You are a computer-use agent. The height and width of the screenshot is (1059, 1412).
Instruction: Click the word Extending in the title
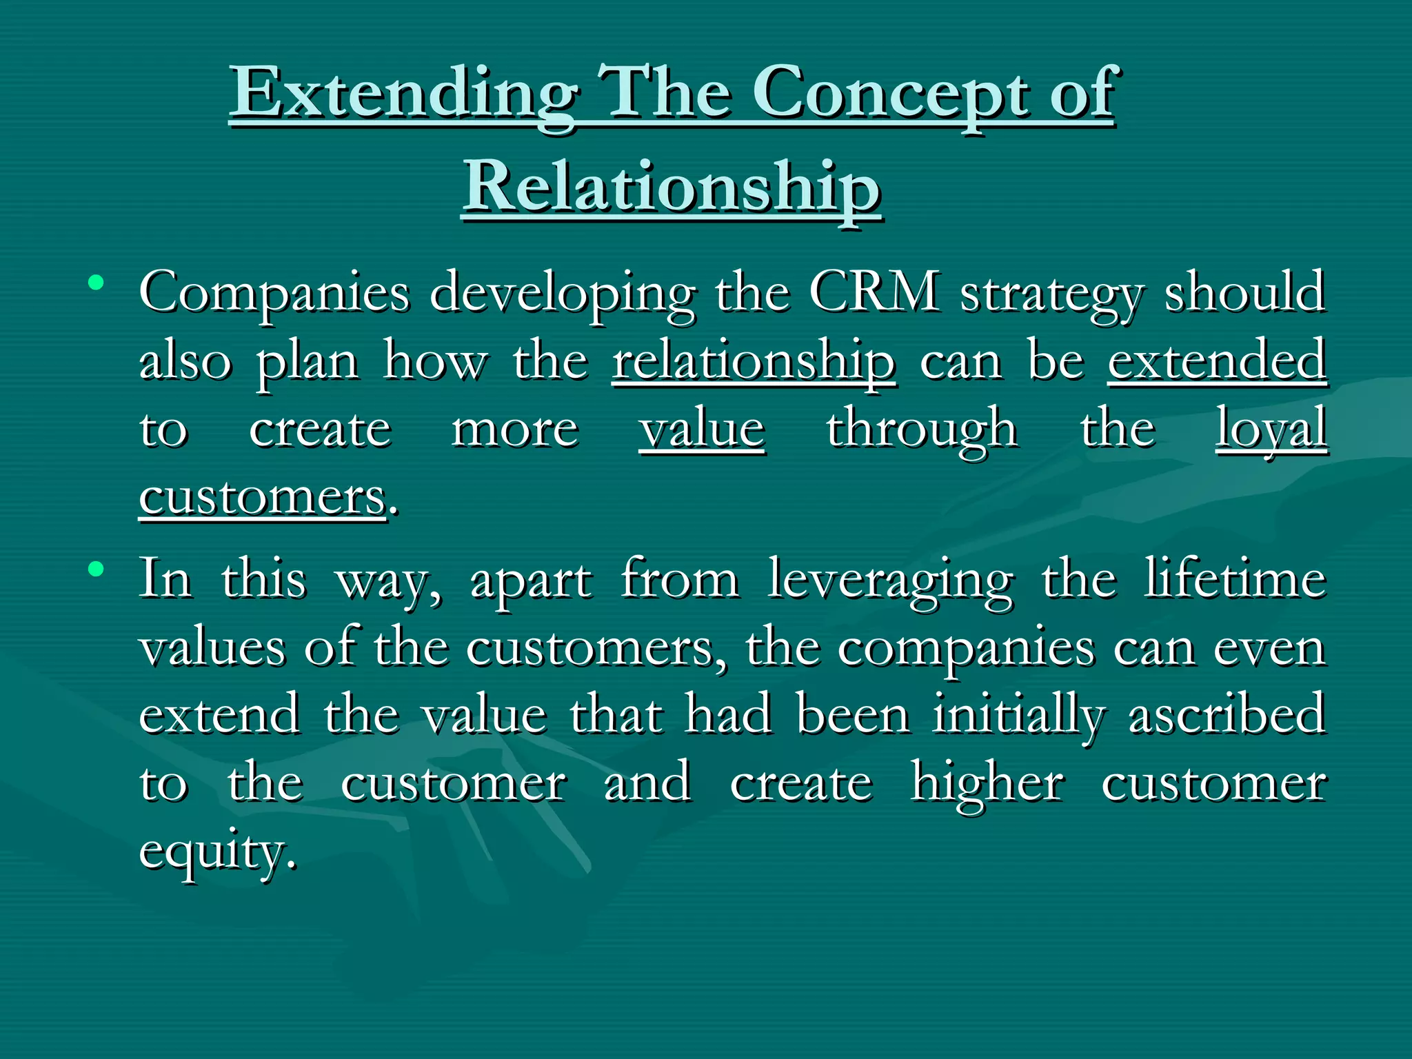click(403, 93)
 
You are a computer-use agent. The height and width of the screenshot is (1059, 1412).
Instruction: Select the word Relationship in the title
click(672, 188)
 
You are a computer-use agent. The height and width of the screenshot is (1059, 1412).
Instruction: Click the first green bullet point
click(96, 283)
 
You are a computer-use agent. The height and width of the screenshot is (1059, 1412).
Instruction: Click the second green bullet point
click(96, 569)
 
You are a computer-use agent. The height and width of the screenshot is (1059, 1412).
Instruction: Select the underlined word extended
click(1217, 360)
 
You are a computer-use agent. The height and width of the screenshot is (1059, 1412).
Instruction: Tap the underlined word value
click(702, 429)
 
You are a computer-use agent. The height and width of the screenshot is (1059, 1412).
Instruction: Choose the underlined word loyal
click(1271, 429)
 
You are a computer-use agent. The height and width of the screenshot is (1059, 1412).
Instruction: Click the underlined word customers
click(263, 496)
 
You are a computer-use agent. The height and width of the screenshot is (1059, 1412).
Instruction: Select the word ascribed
click(1227, 714)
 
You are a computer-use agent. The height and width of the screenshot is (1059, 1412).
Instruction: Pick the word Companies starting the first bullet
click(274, 294)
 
